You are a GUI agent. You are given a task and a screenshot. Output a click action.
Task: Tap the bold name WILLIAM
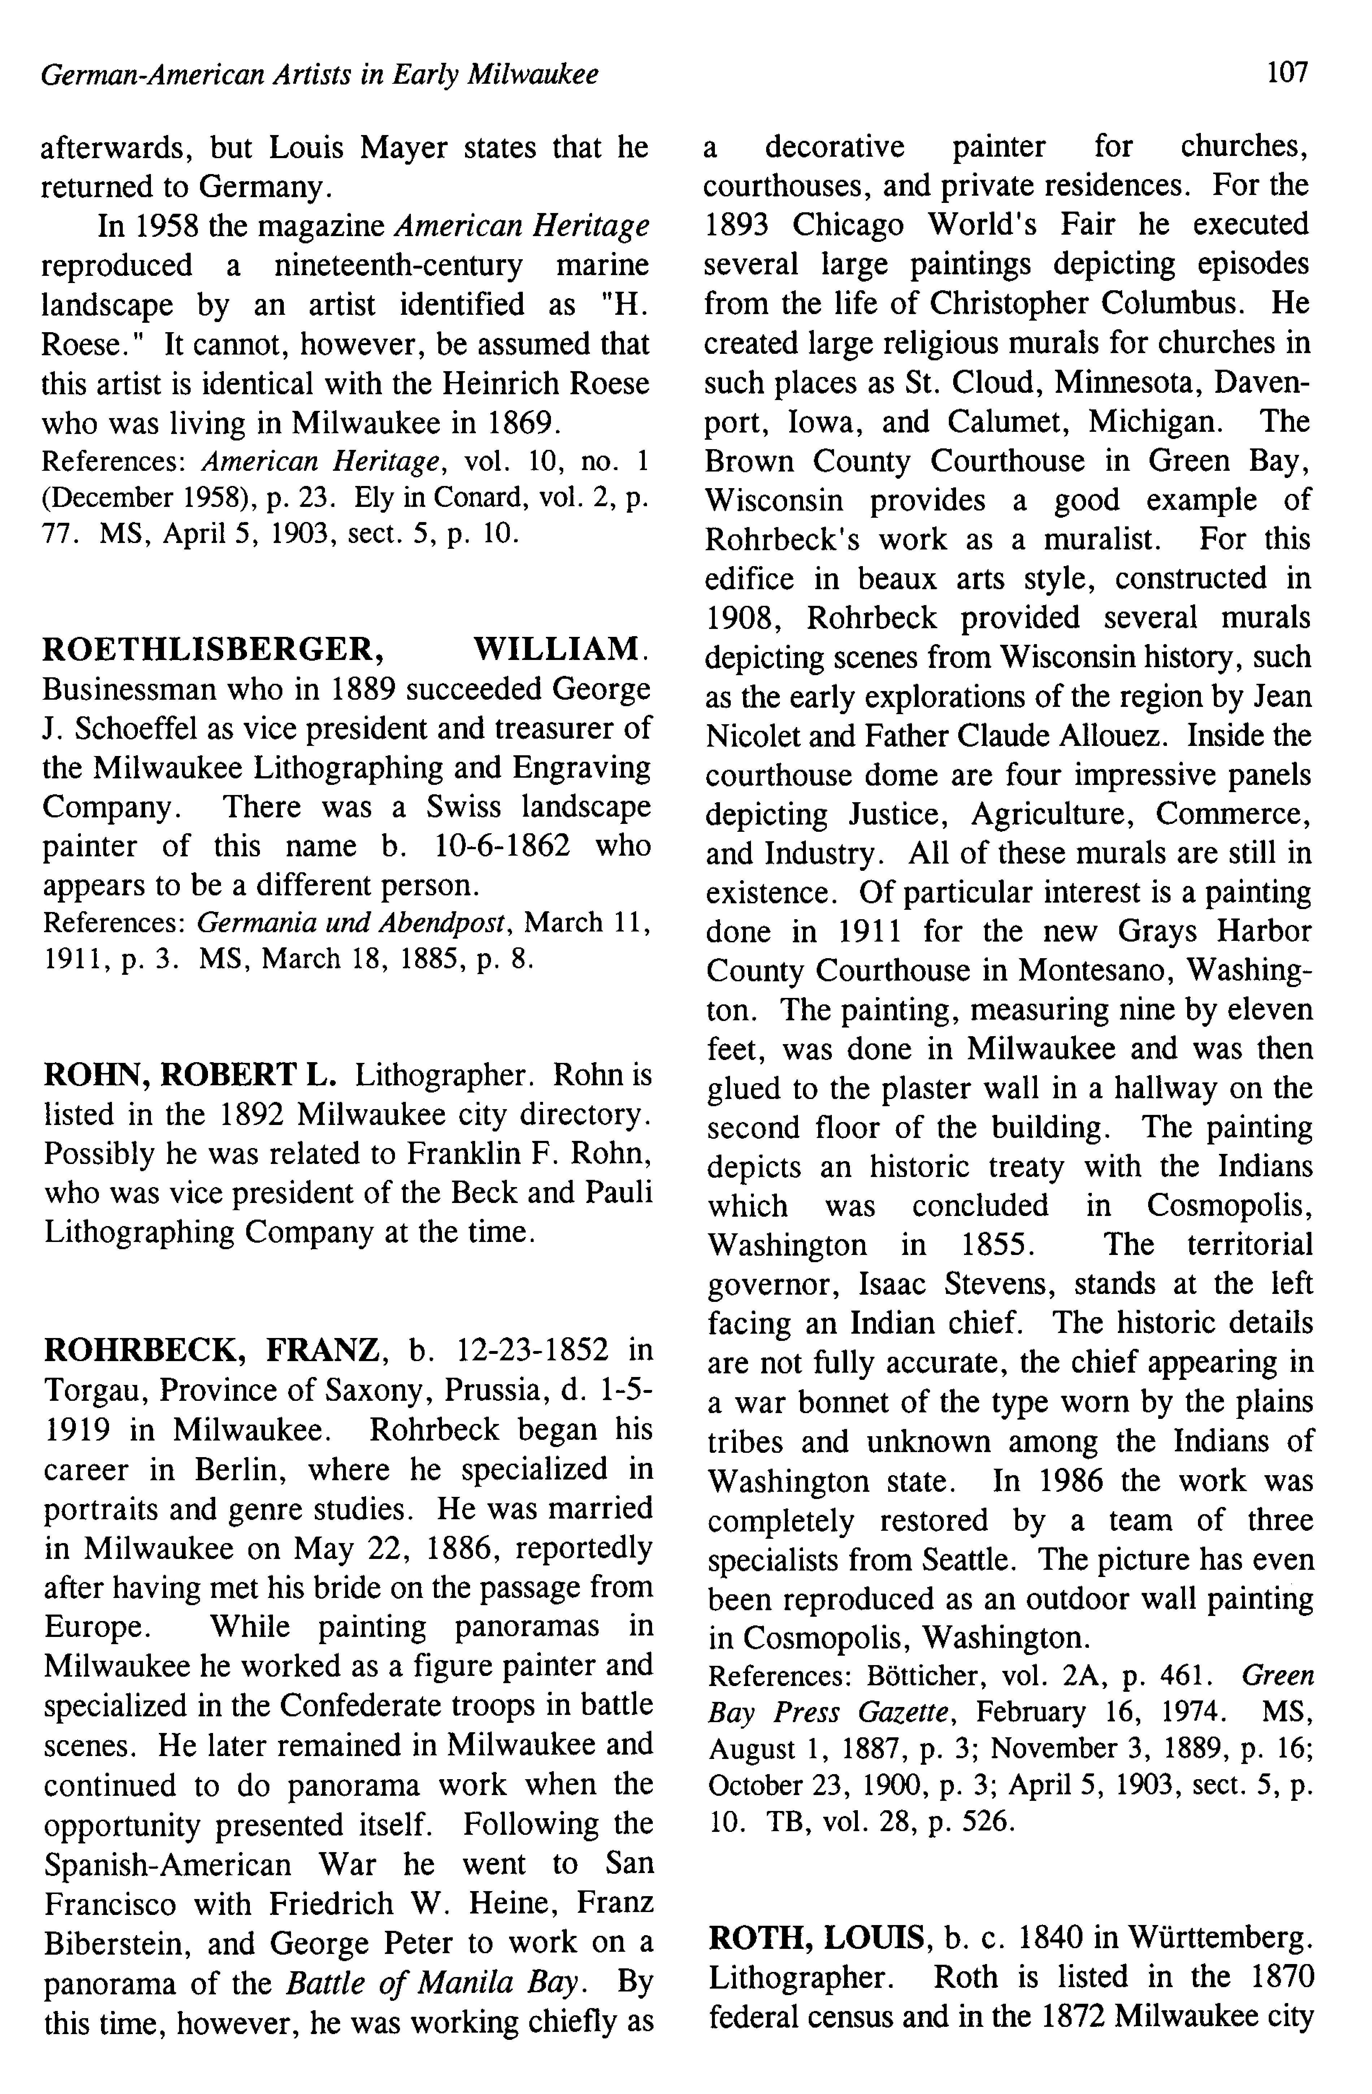click(x=556, y=649)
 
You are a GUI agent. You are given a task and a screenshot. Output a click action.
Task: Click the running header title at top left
click(x=320, y=75)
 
